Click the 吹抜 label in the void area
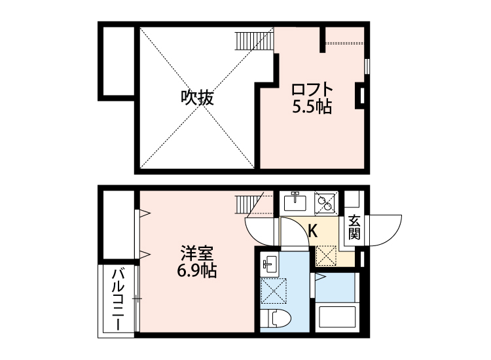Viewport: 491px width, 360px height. (x=197, y=99)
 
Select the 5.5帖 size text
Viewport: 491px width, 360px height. (x=312, y=107)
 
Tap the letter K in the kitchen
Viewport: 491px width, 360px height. (x=313, y=230)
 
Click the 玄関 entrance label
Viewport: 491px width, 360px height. (x=354, y=227)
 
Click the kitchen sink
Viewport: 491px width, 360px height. (x=295, y=202)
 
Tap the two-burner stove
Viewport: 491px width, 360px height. (x=325, y=203)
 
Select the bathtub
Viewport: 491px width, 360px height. (x=337, y=319)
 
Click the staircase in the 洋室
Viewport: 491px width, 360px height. (x=249, y=204)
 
